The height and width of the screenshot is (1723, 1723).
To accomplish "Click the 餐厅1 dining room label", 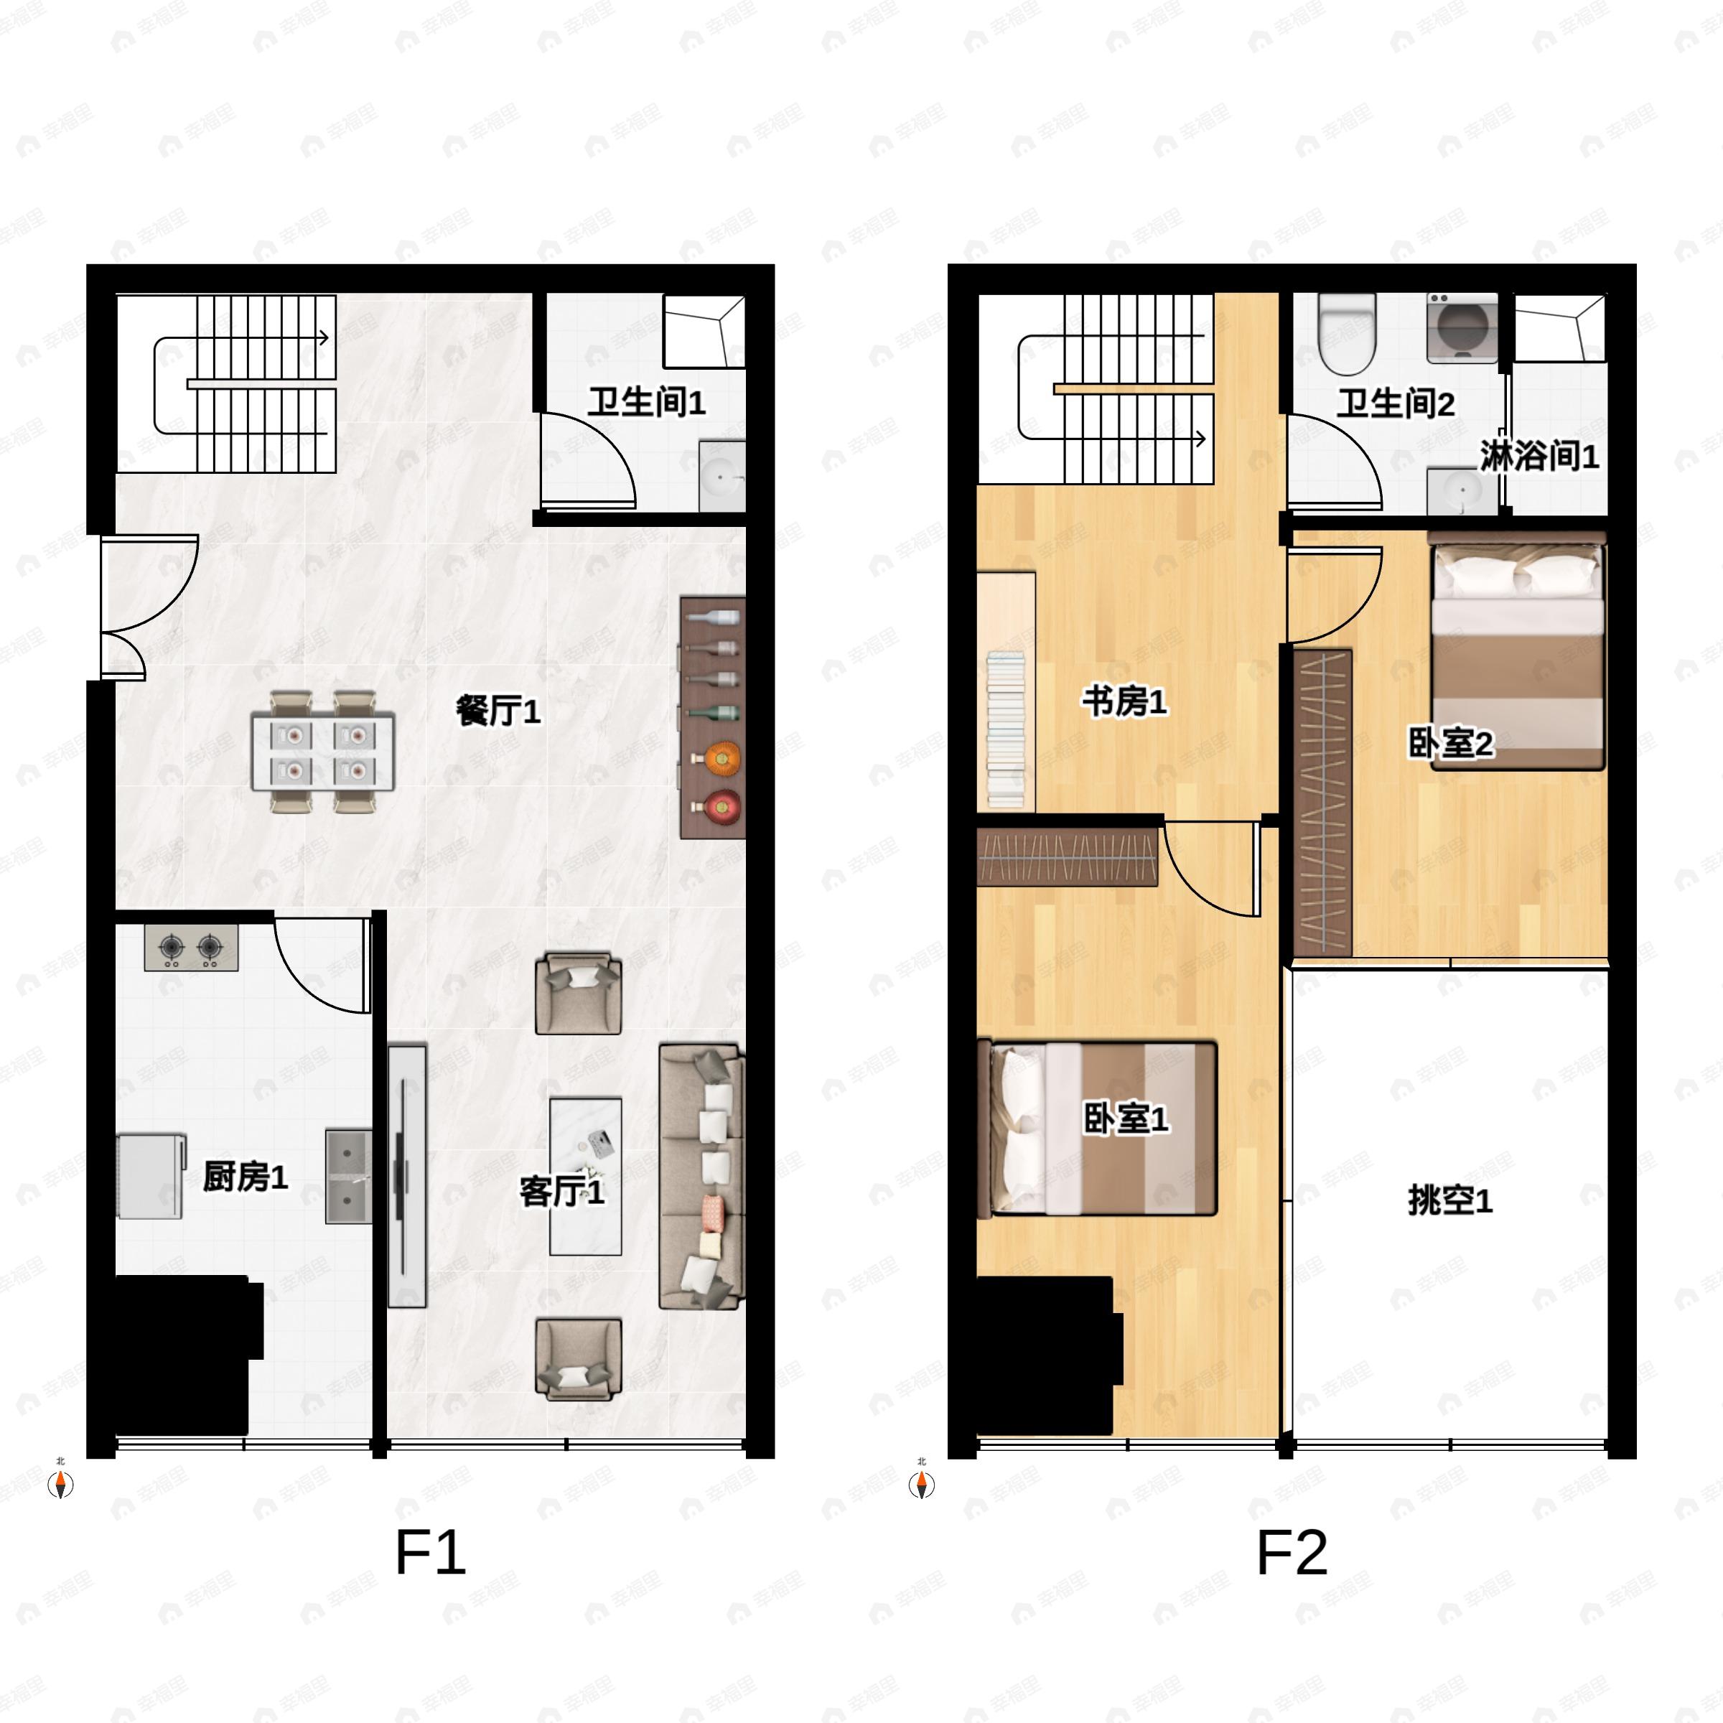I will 498,711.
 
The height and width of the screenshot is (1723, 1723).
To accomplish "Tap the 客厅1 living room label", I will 562,1192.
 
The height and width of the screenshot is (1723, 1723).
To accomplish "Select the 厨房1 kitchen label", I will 246,1177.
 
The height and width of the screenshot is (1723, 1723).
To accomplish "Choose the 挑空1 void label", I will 1450,1200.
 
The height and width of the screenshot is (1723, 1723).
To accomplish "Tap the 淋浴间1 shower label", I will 1539,457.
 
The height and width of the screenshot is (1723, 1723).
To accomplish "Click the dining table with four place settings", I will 323,751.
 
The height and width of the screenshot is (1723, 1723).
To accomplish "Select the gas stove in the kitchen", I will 191,947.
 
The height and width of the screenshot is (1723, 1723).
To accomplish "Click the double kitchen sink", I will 347,1177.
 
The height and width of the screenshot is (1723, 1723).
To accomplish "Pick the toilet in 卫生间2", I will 1348,334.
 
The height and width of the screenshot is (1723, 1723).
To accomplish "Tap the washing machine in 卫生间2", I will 1462,327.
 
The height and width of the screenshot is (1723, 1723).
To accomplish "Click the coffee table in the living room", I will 585,1175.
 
